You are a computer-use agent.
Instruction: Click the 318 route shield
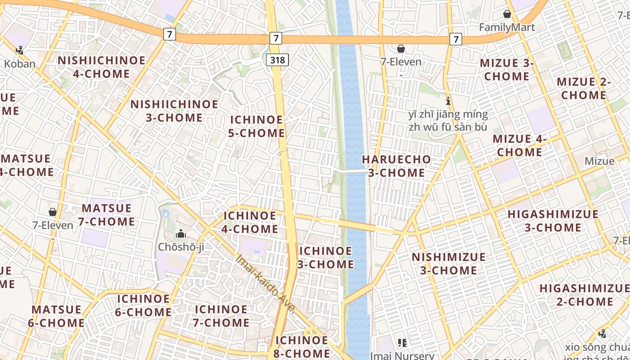(x=277, y=59)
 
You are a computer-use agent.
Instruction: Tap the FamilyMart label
(x=507, y=27)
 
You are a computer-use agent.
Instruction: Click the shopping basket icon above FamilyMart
(x=507, y=14)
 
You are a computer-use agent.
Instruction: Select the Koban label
(x=19, y=64)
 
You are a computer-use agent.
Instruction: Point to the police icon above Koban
(x=19, y=50)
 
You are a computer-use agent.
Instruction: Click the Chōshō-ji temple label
(x=181, y=247)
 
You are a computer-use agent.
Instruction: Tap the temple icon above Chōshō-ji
(x=181, y=234)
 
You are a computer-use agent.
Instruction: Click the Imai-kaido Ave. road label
(x=266, y=283)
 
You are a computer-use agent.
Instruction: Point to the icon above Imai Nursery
(x=402, y=343)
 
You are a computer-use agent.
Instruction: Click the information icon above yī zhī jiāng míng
(x=448, y=101)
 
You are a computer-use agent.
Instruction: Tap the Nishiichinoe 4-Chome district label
(x=101, y=67)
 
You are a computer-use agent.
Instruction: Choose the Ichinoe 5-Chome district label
(x=256, y=126)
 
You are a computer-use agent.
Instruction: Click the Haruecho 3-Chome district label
(x=396, y=166)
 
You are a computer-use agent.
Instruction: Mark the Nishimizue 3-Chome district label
(x=449, y=264)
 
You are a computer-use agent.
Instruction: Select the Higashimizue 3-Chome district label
(x=553, y=220)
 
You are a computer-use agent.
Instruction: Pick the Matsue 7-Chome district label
(x=108, y=215)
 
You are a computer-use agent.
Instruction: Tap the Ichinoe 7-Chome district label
(x=221, y=316)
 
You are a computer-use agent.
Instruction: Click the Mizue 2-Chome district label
(x=584, y=89)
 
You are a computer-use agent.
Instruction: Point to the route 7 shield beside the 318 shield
(x=276, y=38)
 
